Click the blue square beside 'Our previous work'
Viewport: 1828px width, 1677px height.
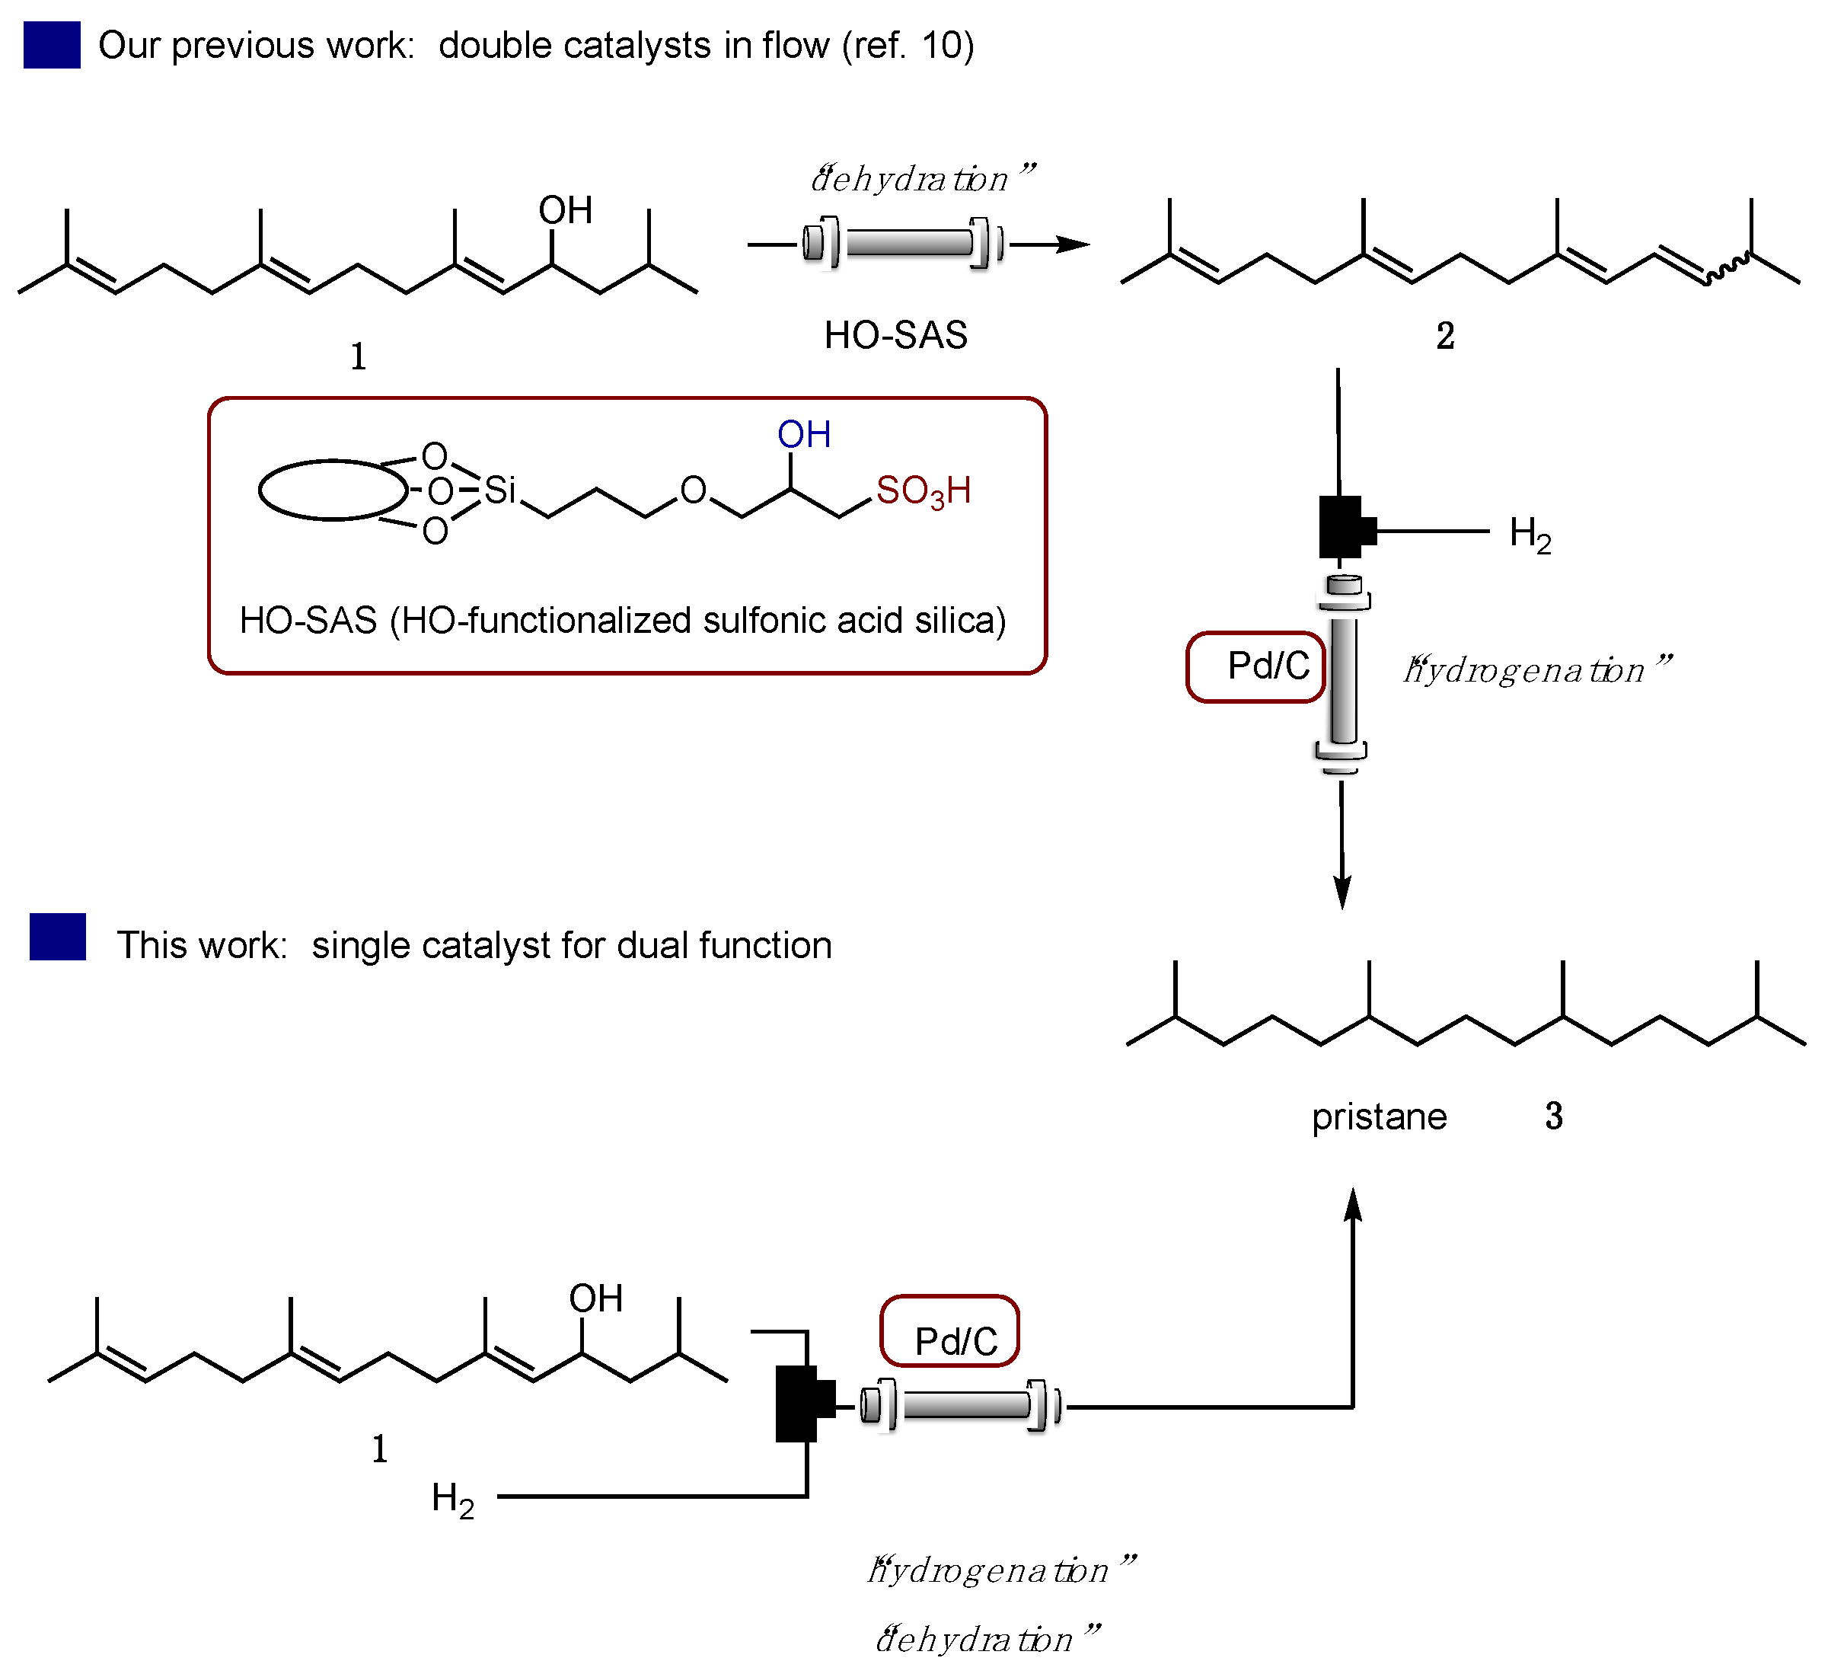[x=52, y=46]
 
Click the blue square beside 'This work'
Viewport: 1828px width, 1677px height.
[x=57, y=937]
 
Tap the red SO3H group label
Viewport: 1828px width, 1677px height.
[x=923, y=491]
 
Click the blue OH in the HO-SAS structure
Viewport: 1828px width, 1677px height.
[x=804, y=435]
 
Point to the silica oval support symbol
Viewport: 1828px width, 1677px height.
[x=333, y=490]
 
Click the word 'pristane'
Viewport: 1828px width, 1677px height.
[x=1379, y=1116]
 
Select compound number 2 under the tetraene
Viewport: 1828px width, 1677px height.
[x=1445, y=336]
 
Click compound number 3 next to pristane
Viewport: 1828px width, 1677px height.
[x=1554, y=1116]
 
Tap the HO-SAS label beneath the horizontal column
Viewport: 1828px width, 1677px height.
[x=895, y=336]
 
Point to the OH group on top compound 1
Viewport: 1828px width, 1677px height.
[x=565, y=210]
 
